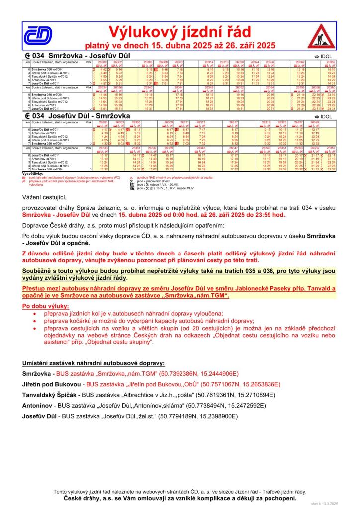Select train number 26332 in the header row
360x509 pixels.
(331, 62)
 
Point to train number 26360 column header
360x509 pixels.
(331, 87)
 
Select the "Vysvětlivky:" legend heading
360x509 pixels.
(33, 173)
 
